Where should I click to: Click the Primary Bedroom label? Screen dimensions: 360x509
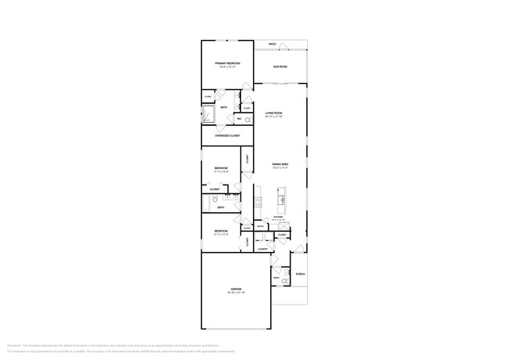(227, 63)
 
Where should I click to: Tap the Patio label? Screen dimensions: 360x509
(273, 44)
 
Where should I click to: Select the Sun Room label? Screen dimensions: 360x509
(280, 67)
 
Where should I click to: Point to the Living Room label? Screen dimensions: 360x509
(273, 113)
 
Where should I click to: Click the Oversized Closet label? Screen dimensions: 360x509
(227, 135)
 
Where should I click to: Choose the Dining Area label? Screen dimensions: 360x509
(280, 164)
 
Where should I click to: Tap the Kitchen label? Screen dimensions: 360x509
(278, 217)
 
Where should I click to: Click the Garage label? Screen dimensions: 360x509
(236, 290)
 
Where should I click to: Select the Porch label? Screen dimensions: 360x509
(300, 274)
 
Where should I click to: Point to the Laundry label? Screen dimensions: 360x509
(262, 249)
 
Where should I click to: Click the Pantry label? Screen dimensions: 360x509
(260, 227)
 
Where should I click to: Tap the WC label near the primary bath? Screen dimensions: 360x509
(239, 119)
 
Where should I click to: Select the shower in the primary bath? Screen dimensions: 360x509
(209, 116)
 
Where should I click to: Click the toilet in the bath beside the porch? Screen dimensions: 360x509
(285, 281)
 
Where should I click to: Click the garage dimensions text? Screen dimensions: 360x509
(236, 293)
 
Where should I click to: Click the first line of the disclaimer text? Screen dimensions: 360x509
(114, 344)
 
